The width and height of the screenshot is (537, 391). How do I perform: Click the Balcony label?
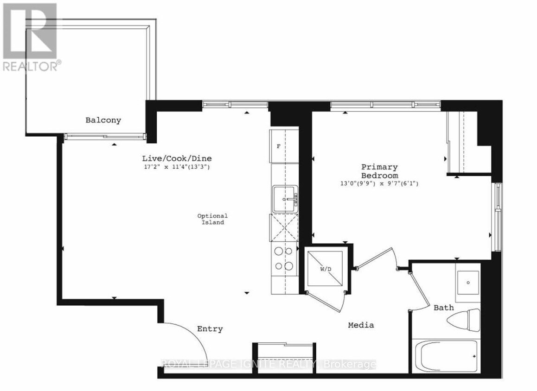(103, 120)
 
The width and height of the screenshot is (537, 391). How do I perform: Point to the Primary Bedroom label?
(380, 171)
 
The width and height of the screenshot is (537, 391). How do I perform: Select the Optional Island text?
(213, 219)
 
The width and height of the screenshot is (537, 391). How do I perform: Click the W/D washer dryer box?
(325, 268)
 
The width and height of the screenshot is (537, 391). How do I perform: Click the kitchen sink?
(284, 198)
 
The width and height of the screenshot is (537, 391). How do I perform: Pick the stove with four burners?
(283, 259)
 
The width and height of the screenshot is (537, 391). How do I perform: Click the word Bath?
(443, 307)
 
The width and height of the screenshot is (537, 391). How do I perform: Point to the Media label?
(361, 325)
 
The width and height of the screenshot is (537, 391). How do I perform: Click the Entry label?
(210, 329)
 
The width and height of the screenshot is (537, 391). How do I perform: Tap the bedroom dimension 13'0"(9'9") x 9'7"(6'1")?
(379, 184)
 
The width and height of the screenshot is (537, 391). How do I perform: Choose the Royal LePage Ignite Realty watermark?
(268, 365)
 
